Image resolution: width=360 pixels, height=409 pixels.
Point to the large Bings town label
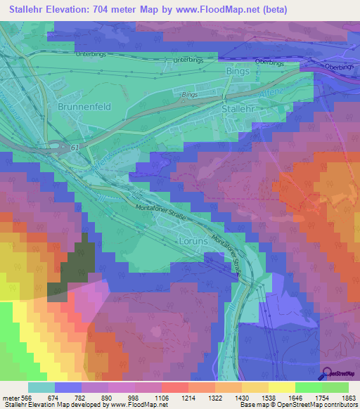pos(237,71)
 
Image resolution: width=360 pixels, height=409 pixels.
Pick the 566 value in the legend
pos(27,398)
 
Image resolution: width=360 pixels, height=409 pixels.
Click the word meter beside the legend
pos(9,398)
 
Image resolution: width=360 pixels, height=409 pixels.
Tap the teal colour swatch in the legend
pos(41,387)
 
